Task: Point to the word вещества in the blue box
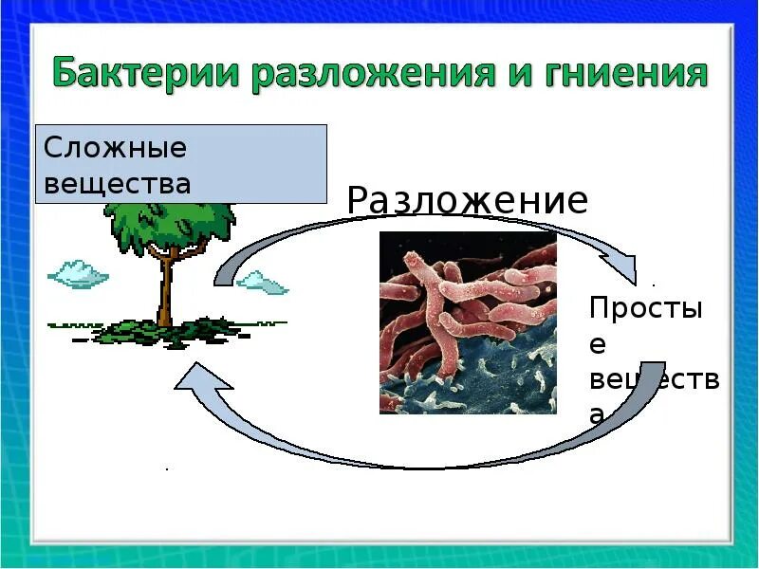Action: (x=118, y=182)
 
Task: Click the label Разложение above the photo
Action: (x=467, y=201)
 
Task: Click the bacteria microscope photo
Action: (x=468, y=322)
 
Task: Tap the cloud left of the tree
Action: (x=78, y=274)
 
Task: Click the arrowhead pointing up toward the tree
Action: (x=201, y=380)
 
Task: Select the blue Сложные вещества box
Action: (x=181, y=163)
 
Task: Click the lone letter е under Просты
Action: (x=598, y=346)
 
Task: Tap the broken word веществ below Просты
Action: (x=654, y=381)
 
